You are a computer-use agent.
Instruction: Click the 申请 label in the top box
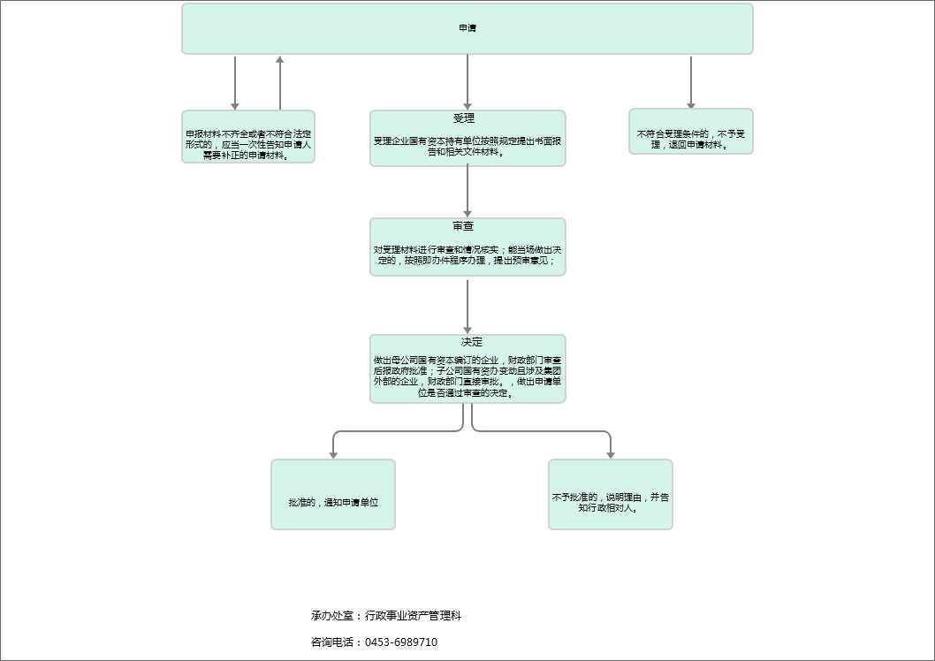[x=467, y=28]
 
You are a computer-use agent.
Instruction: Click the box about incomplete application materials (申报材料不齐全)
[x=248, y=137]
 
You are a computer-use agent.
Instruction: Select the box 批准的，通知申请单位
[x=333, y=501]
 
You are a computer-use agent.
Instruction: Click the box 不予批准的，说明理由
[x=611, y=501]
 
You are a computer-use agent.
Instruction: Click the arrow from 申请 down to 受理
[x=467, y=82]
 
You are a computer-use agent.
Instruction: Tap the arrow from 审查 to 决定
[x=467, y=305]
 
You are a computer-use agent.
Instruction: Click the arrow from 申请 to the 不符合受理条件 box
[x=691, y=81]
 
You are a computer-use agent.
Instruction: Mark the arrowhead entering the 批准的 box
[x=333, y=453]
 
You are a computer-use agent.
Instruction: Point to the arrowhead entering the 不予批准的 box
[x=611, y=453]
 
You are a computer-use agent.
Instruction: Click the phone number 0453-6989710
[x=401, y=642]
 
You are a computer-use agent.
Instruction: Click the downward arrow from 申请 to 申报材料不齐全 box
[x=235, y=82]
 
